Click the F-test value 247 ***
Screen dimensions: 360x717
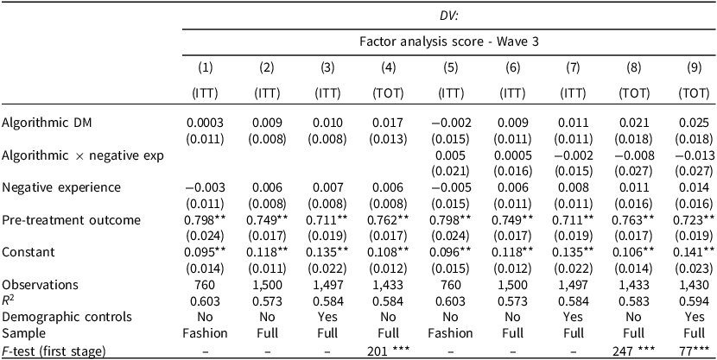tap(623, 349)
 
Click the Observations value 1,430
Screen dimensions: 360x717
tap(684, 284)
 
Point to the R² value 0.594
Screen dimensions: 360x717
tap(684, 300)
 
